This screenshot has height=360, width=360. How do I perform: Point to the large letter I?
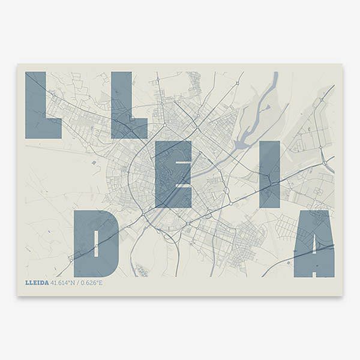coord(269,174)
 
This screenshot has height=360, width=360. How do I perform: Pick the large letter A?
coord(314,243)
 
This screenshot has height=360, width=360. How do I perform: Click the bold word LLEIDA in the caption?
coord(37,283)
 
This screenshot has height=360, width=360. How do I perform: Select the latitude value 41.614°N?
coord(65,283)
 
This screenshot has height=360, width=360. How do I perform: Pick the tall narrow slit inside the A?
coord(314,240)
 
